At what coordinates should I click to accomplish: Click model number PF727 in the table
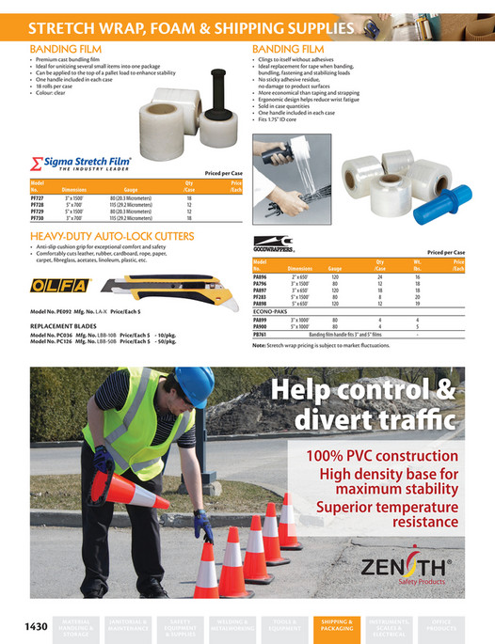click(39, 199)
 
